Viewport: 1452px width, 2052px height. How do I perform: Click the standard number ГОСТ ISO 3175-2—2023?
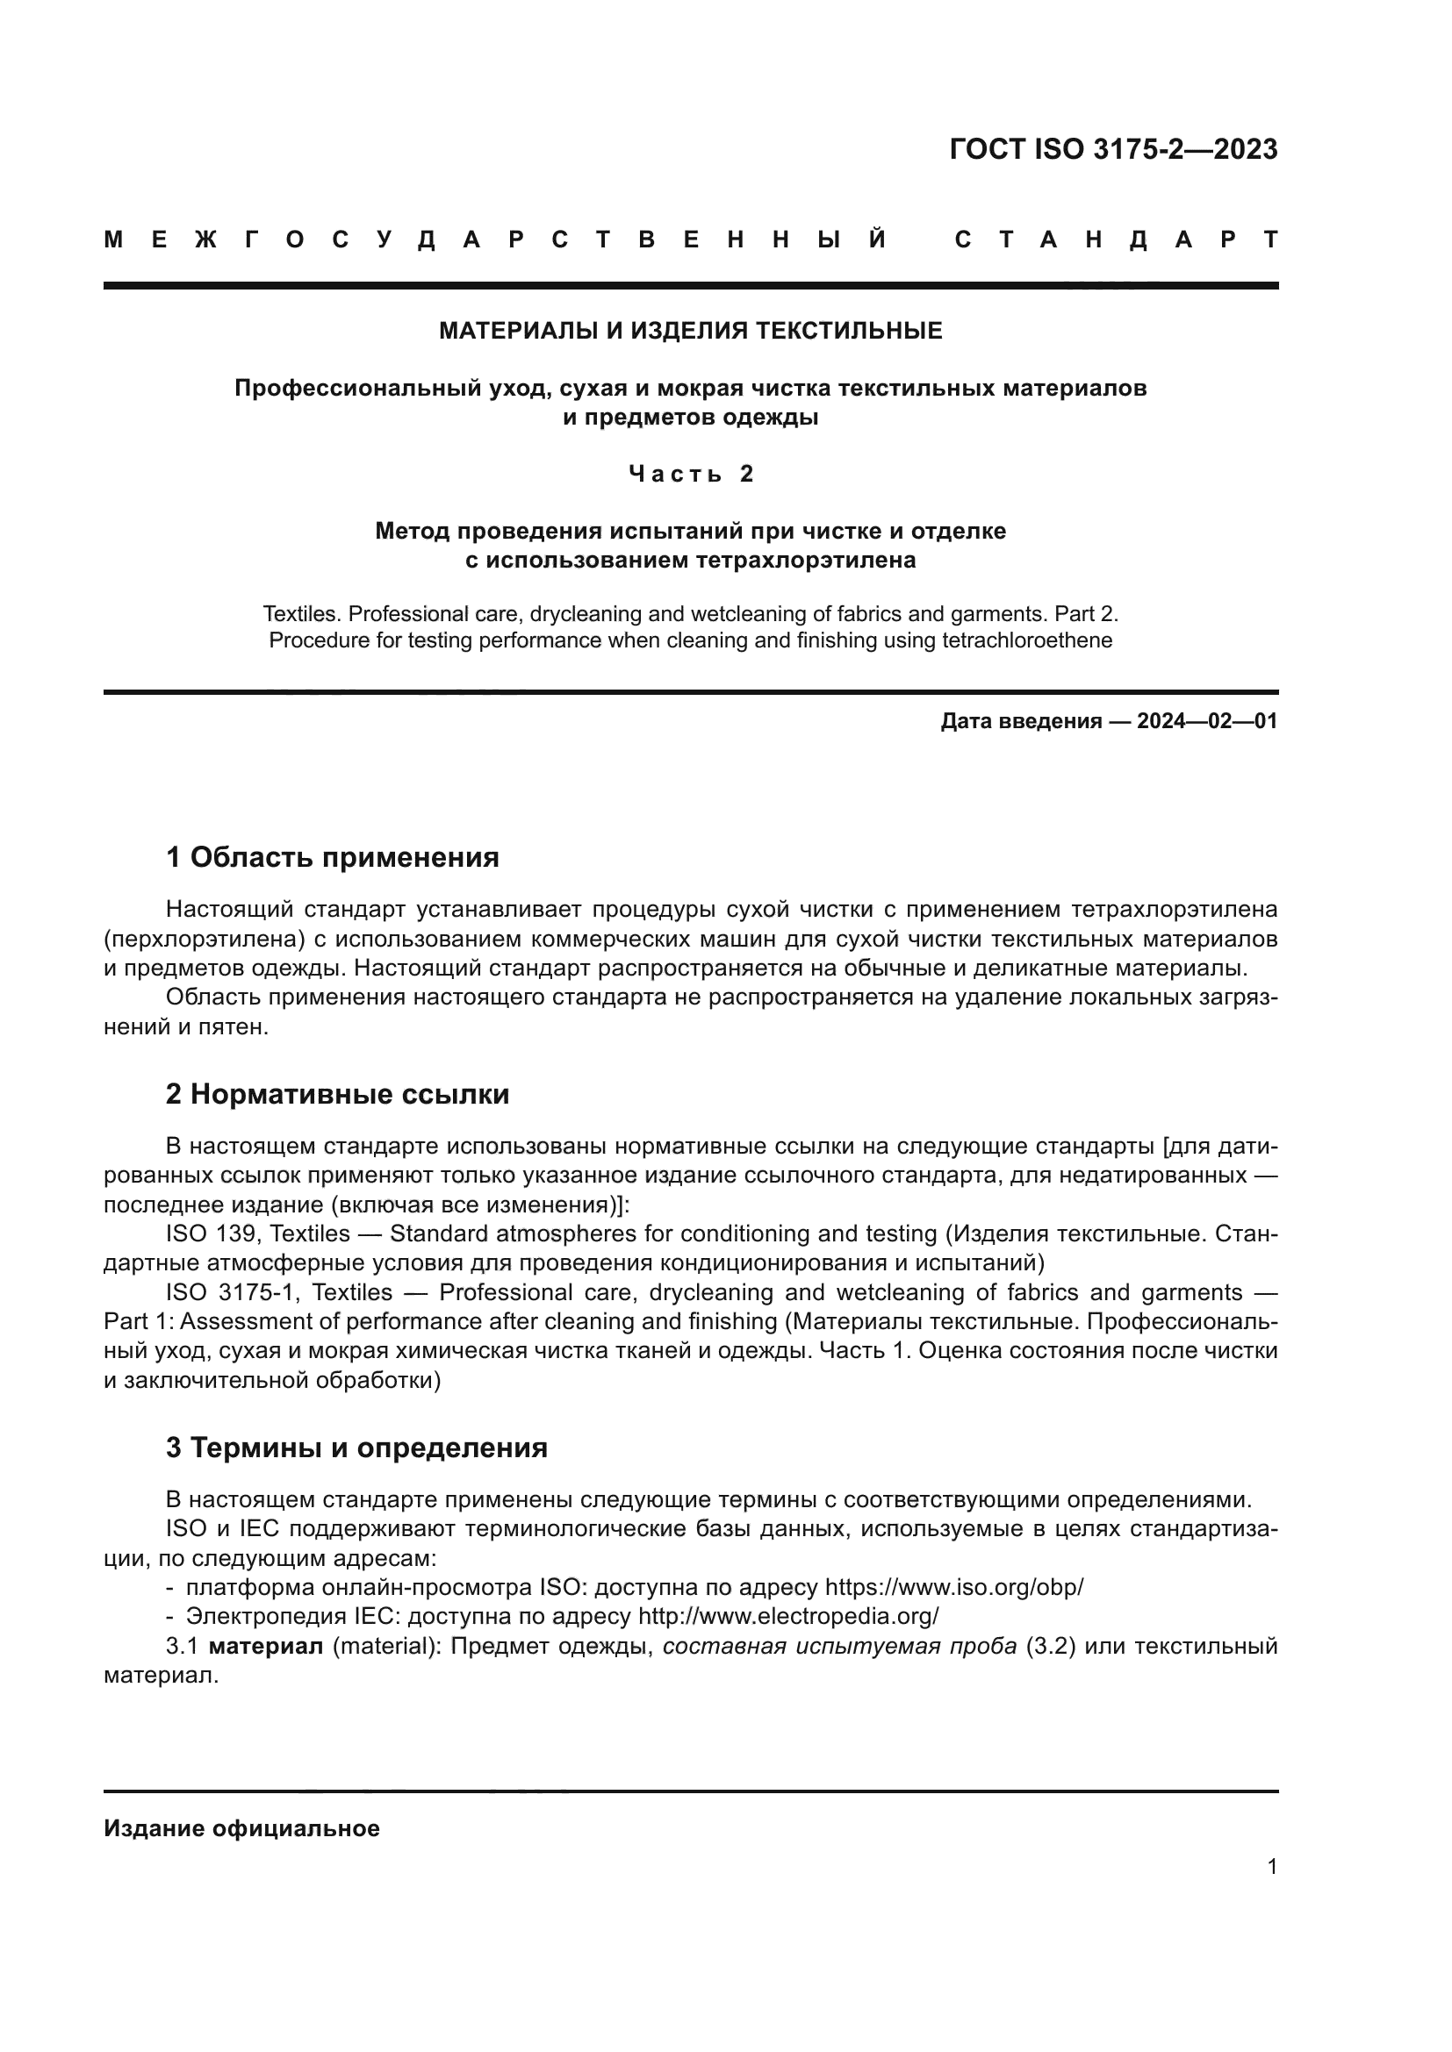(x=1113, y=149)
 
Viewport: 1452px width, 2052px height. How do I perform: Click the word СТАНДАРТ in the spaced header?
(x=1116, y=240)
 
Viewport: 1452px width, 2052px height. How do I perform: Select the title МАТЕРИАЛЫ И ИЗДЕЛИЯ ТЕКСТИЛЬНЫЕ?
(x=690, y=332)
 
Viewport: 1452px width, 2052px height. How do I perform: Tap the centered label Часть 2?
(x=691, y=474)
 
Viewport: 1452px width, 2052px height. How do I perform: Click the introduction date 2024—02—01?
(x=1207, y=721)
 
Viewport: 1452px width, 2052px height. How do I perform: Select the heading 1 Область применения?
(x=332, y=858)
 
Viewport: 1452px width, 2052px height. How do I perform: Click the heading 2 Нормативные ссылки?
(x=337, y=1095)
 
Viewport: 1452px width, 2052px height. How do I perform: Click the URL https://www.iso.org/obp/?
(x=954, y=1587)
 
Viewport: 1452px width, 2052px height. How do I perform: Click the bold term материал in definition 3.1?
(x=265, y=1646)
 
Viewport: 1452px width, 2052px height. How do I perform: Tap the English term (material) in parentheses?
(x=384, y=1646)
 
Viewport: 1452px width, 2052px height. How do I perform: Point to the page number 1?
(x=1272, y=1866)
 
